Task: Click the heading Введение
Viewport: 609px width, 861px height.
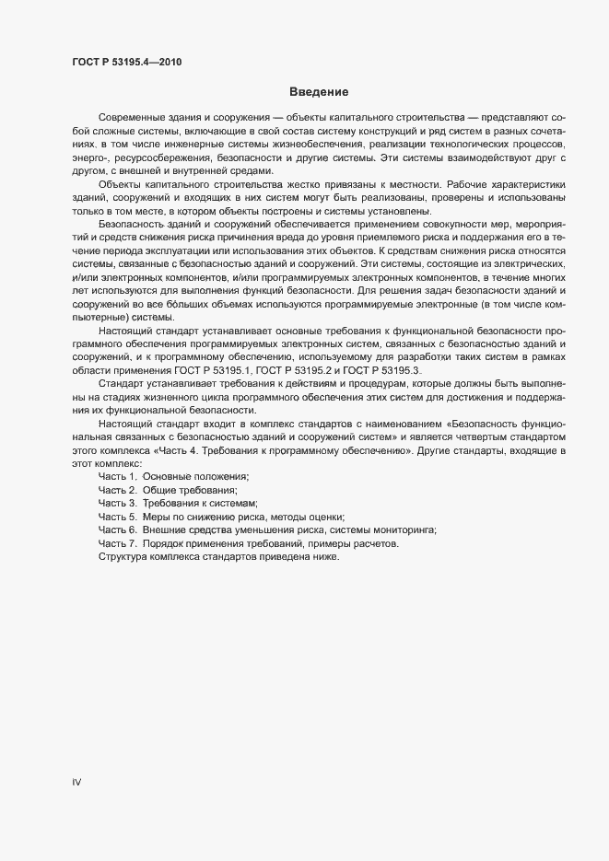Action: click(318, 92)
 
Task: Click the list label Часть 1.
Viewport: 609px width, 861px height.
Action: click(117, 479)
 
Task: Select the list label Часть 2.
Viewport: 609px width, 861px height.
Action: click(117, 492)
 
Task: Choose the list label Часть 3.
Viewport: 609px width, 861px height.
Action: click(117, 505)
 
